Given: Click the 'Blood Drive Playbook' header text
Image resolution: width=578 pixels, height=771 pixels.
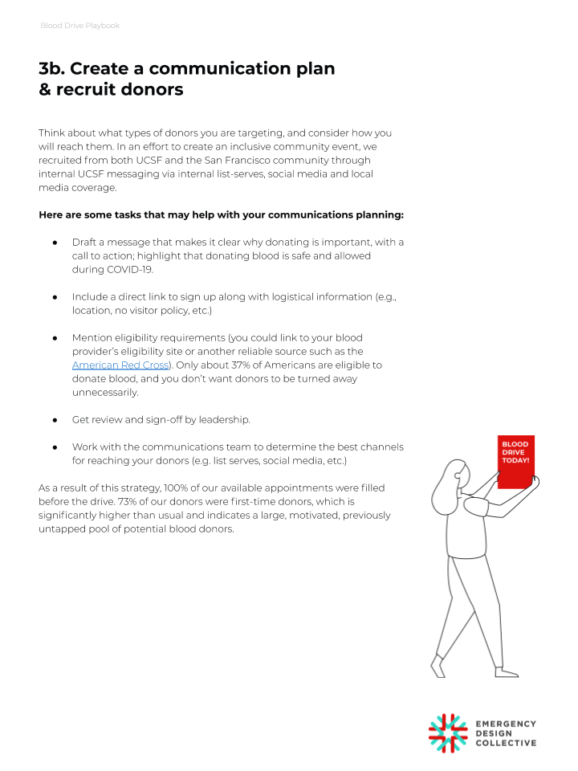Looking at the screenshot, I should pyautogui.click(x=79, y=26).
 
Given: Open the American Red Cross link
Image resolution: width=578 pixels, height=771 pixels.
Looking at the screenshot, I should pyautogui.click(x=120, y=365).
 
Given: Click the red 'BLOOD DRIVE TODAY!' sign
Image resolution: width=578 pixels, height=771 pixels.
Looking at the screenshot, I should pyautogui.click(x=515, y=462).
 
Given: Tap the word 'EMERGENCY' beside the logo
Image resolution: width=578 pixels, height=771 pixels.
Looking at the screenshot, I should pyautogui.click(x=506, y=723).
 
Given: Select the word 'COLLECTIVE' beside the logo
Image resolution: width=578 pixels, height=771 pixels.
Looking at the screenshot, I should pyautogui.click(x=506, y=743).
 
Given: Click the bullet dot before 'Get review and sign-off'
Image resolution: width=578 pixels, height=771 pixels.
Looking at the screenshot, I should pyautogui.click(x=55, y=419).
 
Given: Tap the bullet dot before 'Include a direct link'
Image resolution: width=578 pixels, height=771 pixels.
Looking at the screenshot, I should pyautogui.click(x=55, y=296).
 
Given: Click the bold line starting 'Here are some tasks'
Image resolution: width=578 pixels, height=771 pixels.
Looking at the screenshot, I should pyautogui.click(x=221, y=215).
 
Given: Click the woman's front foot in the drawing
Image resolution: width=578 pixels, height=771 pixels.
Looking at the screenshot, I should pyautogui.click(x=506, y=671).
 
